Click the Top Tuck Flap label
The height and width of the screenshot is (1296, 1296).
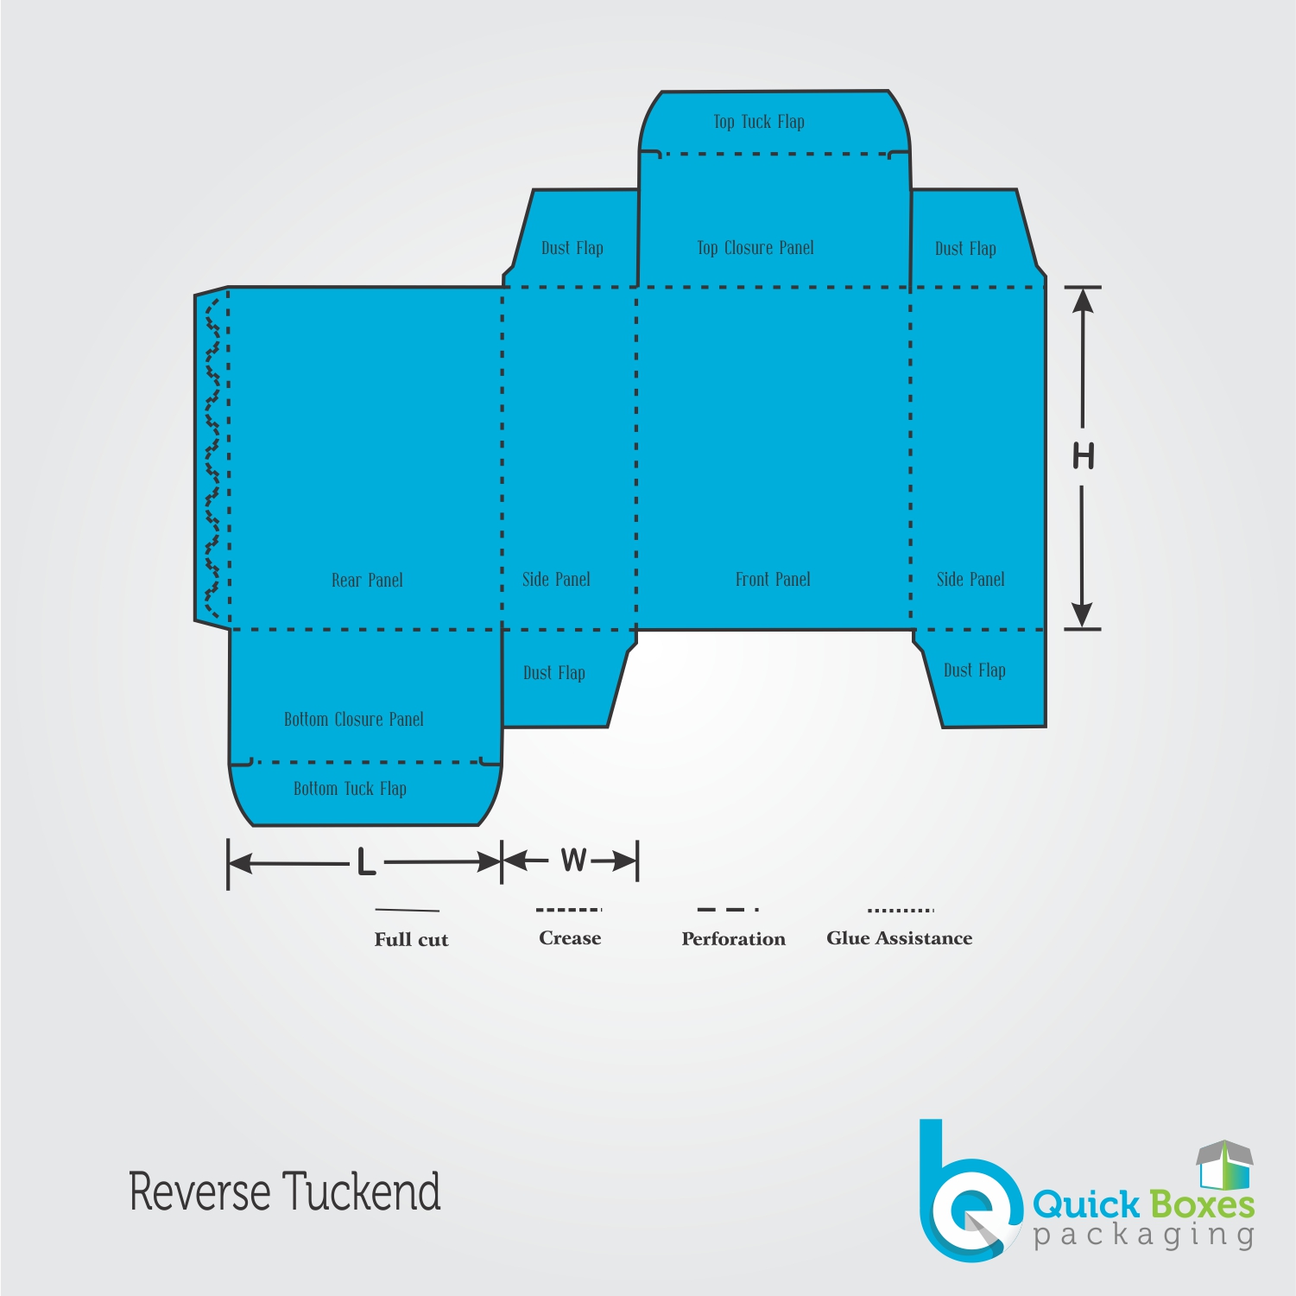pyautogui.click(x=759, y=122)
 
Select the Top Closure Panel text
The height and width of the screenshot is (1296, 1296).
pyautogui.click(x=755, y=248)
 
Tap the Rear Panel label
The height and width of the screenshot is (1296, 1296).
pyautogui.click(x=367, y=580)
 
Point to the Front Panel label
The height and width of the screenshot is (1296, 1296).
pyautogui.click(x=773, y=579)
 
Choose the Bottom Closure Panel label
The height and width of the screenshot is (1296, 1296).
pyautogui.click(x=354, y=719)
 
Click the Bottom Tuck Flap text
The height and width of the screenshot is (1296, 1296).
pyautogui.click(x=350, y=789)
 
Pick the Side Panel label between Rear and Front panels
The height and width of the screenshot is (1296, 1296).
pyautogui.click(x=556, y=579)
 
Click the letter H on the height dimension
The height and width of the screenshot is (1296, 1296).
pyautogui.click(x=1084, y=455)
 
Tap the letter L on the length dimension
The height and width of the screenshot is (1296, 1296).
pyautogui.click(x=366, y=861)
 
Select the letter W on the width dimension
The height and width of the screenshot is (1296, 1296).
pyautogui.click(x=574, y=860)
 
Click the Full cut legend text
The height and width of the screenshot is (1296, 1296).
pyautogui.click(x=411, y=939)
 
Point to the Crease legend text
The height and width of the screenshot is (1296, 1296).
pyautogui.click(x=570, y=938)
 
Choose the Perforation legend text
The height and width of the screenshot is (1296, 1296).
pyautogui.click(x=734, y=939)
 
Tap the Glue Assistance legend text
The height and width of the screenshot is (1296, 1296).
pyautogui.click(x=900, y=938)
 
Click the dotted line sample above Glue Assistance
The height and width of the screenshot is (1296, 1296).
pyautogui.click(x=901, y=910)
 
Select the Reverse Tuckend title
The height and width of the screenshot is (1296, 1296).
pyautogui.click(x=285, y=1191)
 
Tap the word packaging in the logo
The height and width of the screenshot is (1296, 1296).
pyautogui.click(x=1144, y=1235)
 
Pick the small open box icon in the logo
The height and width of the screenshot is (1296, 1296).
pyautogui.click(x=1224, y=1164)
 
